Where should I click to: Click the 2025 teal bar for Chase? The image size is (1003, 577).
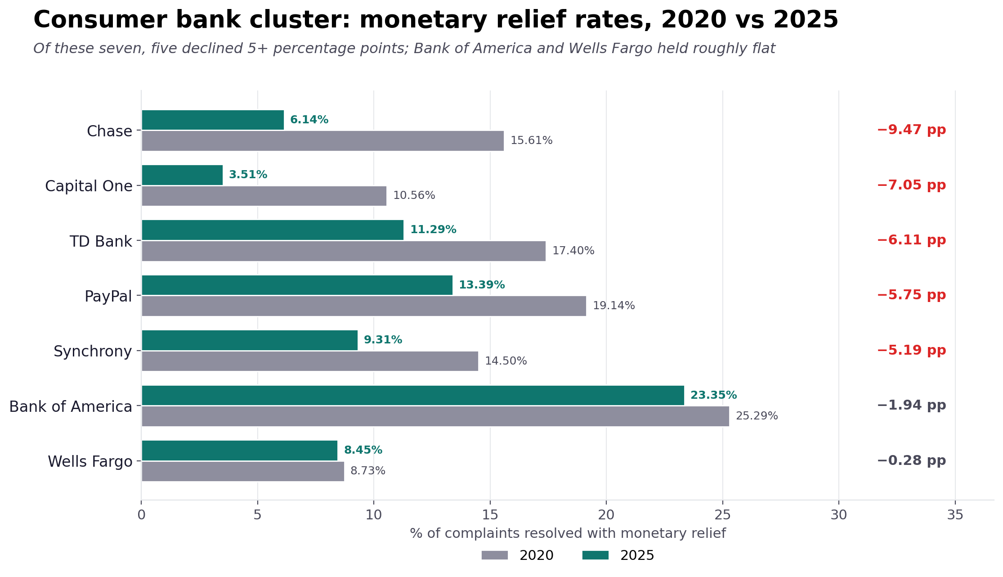[x=213, y=120]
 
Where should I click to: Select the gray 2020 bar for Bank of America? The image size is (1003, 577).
[x=435, y=416]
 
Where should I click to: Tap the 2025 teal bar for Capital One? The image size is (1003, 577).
[x=182, y=175]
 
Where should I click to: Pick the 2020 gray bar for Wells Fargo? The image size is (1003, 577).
[x=243, y=471]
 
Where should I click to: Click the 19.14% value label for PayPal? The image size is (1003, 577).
[x=613, y=306]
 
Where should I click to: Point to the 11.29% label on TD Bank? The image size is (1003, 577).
[x=433, y=230]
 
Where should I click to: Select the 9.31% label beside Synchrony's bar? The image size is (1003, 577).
[x=383, y=340]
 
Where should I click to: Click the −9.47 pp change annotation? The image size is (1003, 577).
[x=911, y=131]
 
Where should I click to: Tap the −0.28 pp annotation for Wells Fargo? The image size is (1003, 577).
[x=911, y=461]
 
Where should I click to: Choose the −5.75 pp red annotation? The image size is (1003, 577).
[x=911, y=296]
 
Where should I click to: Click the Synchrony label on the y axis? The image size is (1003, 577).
[x=93, y=352]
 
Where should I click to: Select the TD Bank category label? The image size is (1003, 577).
[x=101, y=242]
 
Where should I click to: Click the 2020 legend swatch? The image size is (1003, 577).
[x=494, y=555]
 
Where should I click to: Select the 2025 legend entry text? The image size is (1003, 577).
[x=637, y=556]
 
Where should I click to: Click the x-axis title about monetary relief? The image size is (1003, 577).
[x=568, y=534]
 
